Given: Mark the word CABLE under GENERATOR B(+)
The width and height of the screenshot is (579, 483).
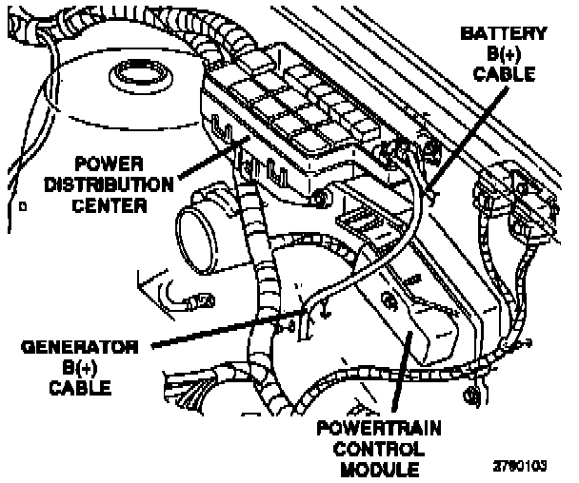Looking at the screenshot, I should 77,386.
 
